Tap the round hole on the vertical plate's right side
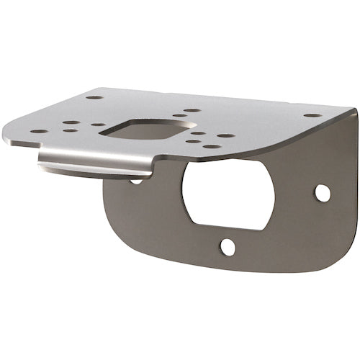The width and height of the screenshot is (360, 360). click(x=323, y=193)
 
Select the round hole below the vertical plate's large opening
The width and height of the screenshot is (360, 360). click(x=228, y=247)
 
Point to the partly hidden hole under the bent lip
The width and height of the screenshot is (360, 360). click(x=135, y=181)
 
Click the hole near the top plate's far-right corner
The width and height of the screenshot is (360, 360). click(x=312, y=115)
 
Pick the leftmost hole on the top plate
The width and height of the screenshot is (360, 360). click(x=39, y=132)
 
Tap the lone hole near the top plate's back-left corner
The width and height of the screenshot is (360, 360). click(x=94, y=97)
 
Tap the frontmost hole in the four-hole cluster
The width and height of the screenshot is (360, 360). click(x=212, y=146)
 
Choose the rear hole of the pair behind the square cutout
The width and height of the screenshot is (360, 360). click(x=192, y=110)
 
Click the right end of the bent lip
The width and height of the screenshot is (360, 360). click(x=151, y=171)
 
